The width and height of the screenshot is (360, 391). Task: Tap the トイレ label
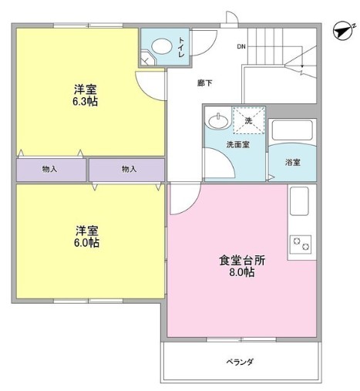pyautogui.click(x=182, y=46)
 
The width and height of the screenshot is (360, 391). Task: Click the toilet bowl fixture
pyautogui.click(x=160, y=46)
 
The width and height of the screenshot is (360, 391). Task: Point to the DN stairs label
pyautogui.click(x=241, y=47)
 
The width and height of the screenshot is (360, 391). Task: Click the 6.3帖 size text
pyautogui.click(x=86, y=101)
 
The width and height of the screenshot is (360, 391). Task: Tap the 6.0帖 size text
pyautogui.click(x=86, y=242)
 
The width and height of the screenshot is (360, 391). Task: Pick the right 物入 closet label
pyautogui.click(x=128, y=169)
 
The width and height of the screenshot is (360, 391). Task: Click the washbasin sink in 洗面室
pyautogui.click(x=217, y=120)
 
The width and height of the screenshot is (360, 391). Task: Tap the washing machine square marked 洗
pyautogui.click(x=248, y=121)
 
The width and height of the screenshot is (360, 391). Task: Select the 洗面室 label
pyautogui.click(x=236, y=144)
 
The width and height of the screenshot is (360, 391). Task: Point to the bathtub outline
pyautogui.click(x=292, y=133)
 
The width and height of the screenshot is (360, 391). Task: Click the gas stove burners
pyautogui.click(x=301, y=245)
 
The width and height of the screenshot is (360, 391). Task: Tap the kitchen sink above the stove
pyautogui.click(x=299, y=203)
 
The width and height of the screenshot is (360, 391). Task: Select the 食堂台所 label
pyautogui.click(x=241, y=260)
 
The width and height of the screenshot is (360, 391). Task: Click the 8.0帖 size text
pyautogui.click(x=241, y=273)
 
